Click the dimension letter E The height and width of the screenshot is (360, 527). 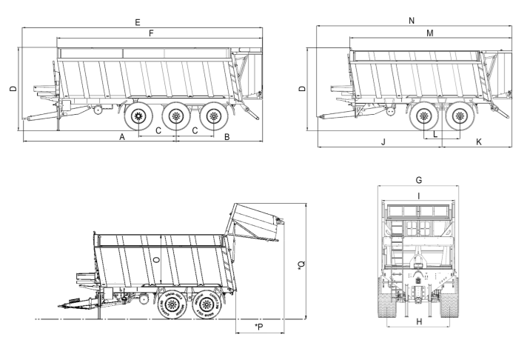point(138,24)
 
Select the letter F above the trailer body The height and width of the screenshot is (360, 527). point(152,34)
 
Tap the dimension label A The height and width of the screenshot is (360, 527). point(121,138)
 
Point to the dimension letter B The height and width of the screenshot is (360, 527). point(227,138)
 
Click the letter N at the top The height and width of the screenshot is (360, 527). point(412,22)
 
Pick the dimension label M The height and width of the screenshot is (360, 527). point(430,34)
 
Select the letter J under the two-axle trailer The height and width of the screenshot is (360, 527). point(383,141)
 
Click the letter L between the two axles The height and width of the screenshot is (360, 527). point(436,135)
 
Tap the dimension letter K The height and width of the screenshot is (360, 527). point(478,141)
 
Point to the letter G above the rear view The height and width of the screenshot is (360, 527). point(419,180)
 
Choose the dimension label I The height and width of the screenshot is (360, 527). point(419,196)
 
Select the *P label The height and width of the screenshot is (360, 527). point(258,326)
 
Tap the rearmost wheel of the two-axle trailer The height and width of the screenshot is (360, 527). point(460,116)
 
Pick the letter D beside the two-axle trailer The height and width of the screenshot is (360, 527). point(301,89)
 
